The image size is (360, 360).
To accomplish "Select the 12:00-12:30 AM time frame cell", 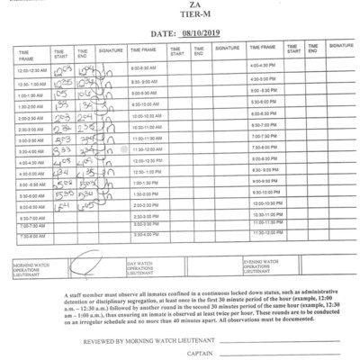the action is pyautogui.click(x=31, y=69).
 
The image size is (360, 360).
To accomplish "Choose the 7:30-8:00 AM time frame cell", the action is pyautogui.click(x=31, y=237).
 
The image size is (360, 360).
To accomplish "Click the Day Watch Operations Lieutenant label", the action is pyautogui.click(x=142, y=265).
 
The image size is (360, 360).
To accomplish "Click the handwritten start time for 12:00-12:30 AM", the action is pyautogui.click(x=64, y=69).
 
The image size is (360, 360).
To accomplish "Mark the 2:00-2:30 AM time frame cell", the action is pyautogui.click(x=31, y=117).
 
